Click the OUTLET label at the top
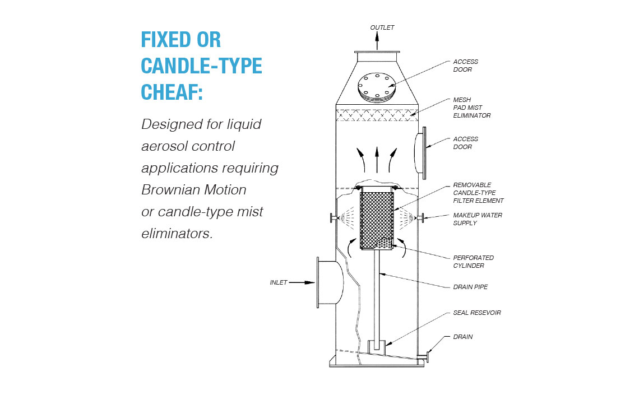pyautogui.click(x=382, y=27)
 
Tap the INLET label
pyautogui.click(x=278, y=282)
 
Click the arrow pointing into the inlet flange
pyautogui.click(x=303, y=282)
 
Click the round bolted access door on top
pyautogui.click(x=377, y=86)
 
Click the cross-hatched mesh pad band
pyautogui.click(x=377, y=115)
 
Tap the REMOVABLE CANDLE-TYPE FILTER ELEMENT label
pyautogui.click(x=478, y=193)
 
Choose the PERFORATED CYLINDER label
pyautogui.click(x=473, y=262)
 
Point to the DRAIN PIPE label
pyautogui.click(x=470, y=287)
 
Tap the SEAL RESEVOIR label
pyautogui.click(x=476, y=313)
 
